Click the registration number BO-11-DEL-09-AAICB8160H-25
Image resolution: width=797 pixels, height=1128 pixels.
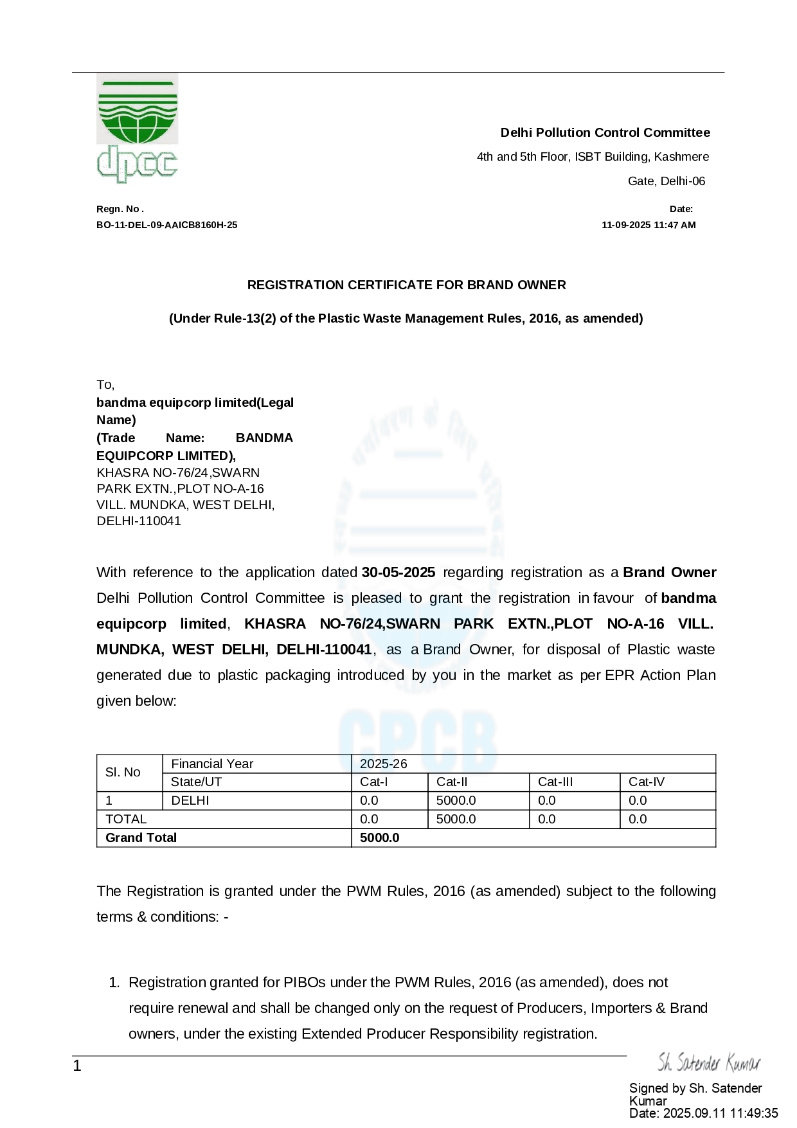[166, 225]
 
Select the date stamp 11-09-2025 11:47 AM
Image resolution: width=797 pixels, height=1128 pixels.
[648, 225]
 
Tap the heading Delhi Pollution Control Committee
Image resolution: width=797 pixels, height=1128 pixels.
[605, 132]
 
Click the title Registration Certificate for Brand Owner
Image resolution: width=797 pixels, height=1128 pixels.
[406, 285]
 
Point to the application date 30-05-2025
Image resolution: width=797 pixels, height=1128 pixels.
[398, 572]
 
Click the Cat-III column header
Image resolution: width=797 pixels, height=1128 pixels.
[555, 782]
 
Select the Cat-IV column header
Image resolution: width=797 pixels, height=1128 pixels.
[646, 782]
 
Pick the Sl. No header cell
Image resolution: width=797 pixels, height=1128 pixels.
[123, 772]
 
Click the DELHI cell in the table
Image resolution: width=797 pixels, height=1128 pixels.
[190, 800]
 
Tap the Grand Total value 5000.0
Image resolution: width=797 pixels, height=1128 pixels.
[379, 837]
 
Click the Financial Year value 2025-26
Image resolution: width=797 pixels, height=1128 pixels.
[383, 764]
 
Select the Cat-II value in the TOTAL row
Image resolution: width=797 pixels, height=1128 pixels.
[456, 819]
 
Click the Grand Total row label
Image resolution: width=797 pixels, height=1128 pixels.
[141, 837]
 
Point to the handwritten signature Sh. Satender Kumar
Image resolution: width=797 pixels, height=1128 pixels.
[708, 1063]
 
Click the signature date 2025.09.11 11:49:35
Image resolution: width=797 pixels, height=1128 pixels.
[720, 1113]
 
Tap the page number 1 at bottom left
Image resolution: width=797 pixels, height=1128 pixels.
[77, 1066]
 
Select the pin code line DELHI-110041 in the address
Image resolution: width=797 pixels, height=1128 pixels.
[139, 521]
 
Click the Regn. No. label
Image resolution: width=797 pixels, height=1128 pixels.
[120, 209]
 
